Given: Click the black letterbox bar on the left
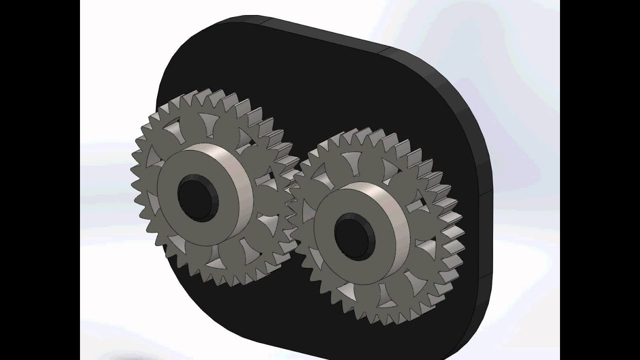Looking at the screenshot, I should (40, 180).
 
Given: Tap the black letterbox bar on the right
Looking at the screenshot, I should (600, 180).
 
